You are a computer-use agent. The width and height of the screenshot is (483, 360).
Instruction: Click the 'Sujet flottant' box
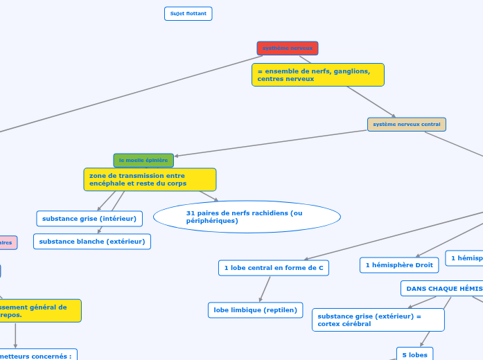coord(188,14)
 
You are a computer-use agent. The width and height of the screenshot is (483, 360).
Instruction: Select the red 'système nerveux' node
coord(288,48)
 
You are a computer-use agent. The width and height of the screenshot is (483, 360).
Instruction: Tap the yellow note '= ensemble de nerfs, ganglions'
coord(317,75)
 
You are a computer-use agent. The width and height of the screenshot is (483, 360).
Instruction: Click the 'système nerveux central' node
coord(406,125)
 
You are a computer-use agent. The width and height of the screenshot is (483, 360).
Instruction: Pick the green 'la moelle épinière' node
coord(143,161)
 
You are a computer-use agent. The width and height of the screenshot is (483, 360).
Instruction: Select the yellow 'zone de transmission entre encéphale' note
coord(150,180)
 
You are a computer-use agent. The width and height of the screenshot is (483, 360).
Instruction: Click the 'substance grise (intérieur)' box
coord(89,219)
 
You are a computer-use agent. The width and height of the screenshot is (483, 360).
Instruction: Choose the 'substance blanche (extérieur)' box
coord(92,242)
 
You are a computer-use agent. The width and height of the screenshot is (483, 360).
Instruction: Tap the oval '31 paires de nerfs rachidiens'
coord(247,217)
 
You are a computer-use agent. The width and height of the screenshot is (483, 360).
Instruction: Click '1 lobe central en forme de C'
coord(274,267)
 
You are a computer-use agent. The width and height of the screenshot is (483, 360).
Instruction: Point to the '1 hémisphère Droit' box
coord(399,265)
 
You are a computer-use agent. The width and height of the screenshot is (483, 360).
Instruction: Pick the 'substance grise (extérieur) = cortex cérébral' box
coord(378,320)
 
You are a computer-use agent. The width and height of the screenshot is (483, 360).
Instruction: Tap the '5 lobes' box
coord(414,354)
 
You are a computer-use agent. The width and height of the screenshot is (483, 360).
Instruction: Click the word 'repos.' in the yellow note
coord(12,315)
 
